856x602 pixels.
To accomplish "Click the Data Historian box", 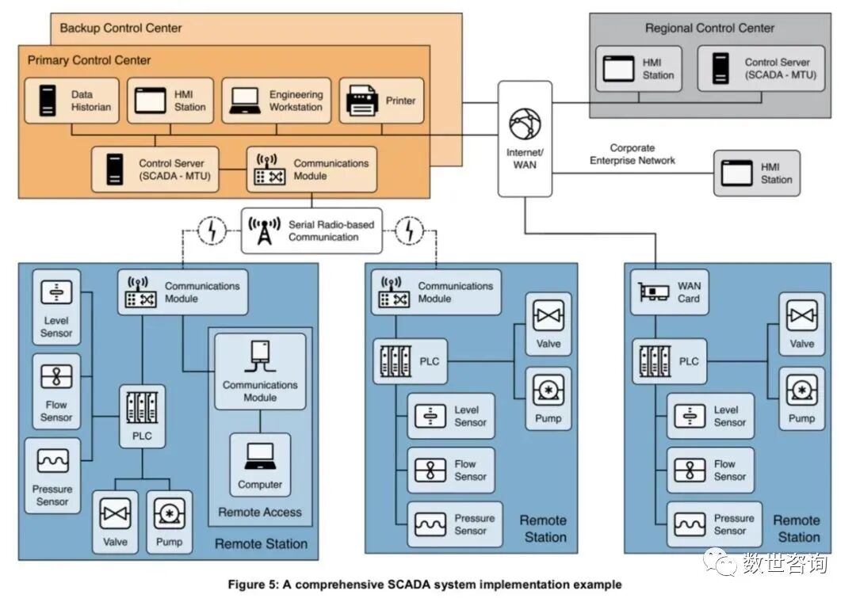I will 71,101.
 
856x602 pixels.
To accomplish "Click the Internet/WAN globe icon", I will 525,124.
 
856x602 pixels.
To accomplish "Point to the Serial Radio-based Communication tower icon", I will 265,231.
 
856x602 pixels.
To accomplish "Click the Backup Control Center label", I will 120,28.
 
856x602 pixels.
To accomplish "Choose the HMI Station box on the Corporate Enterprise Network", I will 756,173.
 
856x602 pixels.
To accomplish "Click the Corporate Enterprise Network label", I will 632,154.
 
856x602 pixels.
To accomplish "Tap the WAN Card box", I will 671,292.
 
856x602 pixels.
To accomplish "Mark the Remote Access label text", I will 260,512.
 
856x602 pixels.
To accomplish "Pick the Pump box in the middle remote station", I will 548,398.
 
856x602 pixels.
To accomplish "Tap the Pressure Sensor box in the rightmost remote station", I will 714,524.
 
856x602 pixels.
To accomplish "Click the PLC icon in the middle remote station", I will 396,361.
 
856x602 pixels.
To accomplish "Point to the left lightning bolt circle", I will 212,231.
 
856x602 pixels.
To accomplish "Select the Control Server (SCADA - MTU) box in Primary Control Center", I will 155,169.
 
